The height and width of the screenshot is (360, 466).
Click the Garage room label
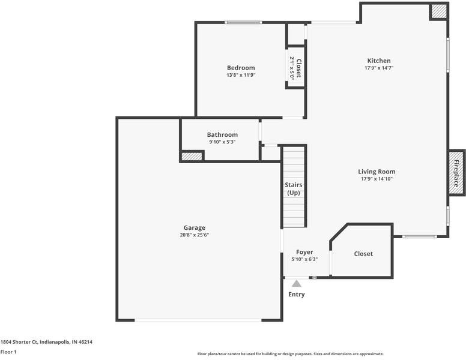coord(195,228)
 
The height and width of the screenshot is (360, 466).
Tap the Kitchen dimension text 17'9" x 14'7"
coord(379,68)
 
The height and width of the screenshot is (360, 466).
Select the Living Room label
coord(377,172)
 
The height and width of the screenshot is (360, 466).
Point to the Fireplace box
coord(456,173)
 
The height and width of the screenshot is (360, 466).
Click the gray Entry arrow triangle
coord(296,283)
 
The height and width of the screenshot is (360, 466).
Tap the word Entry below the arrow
coord(296,295)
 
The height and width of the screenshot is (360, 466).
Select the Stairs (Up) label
coord(294,188)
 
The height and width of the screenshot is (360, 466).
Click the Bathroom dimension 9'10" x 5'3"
coord(222,142)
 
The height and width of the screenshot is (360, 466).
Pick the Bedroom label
coord(241,68)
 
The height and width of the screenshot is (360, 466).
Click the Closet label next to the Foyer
coord(363,254)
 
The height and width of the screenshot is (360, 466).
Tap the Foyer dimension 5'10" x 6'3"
coord(304,259)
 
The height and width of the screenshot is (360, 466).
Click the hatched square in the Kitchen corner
coord(438,11)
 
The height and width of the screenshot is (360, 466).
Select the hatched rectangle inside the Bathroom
coord(192,156)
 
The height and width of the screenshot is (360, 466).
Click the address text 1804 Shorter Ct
coord(19,342)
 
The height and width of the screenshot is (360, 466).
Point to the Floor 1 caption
coord(8,352)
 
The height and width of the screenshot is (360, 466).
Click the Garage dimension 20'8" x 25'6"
coord(195,235)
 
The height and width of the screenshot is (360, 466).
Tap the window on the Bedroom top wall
coord(243,22)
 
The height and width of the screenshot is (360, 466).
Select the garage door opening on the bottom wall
coord(198,320)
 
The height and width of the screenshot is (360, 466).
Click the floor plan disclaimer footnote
coord(291,354)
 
